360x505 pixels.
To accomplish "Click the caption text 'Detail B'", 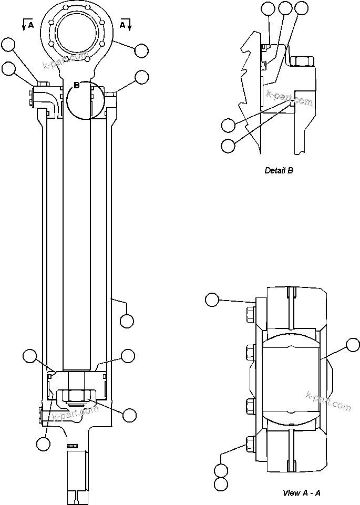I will [279, 170].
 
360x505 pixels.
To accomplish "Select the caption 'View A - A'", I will [302, 492].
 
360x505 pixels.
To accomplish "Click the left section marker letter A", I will [30, 24].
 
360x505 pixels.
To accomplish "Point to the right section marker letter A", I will [122, 24].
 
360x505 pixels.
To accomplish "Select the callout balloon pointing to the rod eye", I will [141, 51].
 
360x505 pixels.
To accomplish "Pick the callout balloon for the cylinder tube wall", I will [127, 320].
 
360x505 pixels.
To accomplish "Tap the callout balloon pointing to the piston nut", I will [129, 415].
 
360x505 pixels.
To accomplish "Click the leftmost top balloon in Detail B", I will [268, 8].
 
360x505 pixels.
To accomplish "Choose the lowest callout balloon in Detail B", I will [228, 146].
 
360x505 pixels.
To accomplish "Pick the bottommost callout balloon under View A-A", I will [221, 484].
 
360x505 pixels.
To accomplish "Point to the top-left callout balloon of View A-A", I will [212, 300].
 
